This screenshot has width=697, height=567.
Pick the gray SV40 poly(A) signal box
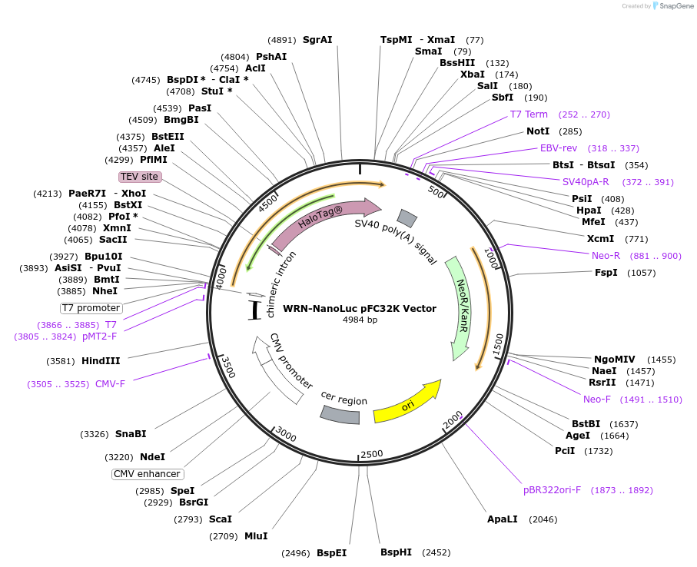point(407,217)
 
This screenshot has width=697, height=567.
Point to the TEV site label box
point(140,177)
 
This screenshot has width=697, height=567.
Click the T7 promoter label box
point(91,308)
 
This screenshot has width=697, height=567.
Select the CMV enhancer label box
point(147,474)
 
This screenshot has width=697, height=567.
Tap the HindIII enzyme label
point(101,361)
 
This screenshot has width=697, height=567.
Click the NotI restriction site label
point(538,131)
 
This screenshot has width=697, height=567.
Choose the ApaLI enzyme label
point(503,519)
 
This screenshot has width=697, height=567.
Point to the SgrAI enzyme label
point(317,39)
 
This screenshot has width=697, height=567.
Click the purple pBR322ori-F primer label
point(552,490)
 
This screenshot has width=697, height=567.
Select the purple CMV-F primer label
point(110,384)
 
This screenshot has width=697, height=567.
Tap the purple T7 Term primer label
point(529,114)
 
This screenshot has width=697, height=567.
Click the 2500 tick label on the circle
point(372,454)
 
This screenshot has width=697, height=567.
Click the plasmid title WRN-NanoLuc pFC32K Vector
point(360,308)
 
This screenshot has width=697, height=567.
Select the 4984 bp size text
point(360,320)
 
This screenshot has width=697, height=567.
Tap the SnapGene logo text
point(676,6)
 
